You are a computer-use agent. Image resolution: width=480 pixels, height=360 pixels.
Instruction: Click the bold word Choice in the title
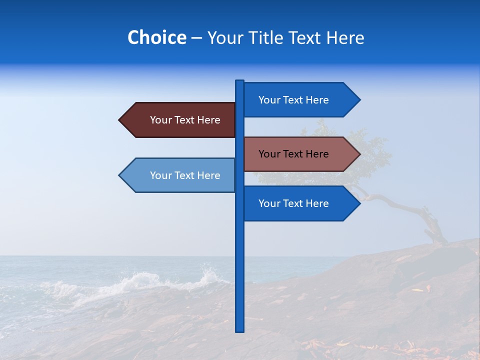[x=156, y=37]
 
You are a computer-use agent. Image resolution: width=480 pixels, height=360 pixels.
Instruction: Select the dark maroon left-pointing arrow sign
[x=180, y=120]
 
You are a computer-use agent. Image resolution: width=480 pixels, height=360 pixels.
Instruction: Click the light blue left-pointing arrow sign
[x=180, y=175]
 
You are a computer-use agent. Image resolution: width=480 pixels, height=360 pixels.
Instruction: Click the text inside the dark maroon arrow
[x=185, y=120]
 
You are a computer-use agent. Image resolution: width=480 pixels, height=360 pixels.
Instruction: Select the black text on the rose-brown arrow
[x=293, y=154]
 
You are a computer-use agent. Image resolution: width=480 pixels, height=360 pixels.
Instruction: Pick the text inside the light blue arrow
[x=185, y=175]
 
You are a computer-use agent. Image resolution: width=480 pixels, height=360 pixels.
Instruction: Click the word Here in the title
[x=345, y=37]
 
